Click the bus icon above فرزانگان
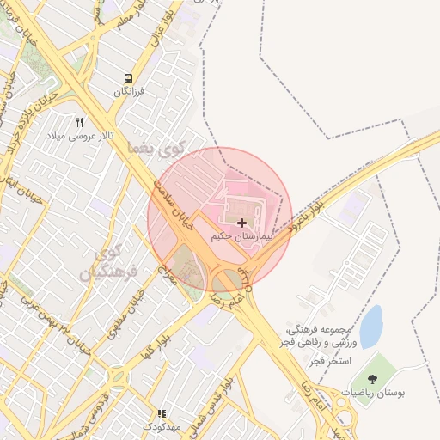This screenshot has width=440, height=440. point(128,77)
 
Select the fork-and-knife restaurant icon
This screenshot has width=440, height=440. point(80,122)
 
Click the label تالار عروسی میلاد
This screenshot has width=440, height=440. point(79,136)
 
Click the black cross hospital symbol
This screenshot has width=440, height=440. point(241,223)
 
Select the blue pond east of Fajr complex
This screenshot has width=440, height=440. point(371,327)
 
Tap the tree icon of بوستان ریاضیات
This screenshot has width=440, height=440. point(372,379)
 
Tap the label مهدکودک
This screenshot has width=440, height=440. point(161,427)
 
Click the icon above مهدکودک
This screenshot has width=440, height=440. point(161,413)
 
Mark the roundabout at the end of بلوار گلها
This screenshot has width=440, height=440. point(117,376)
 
